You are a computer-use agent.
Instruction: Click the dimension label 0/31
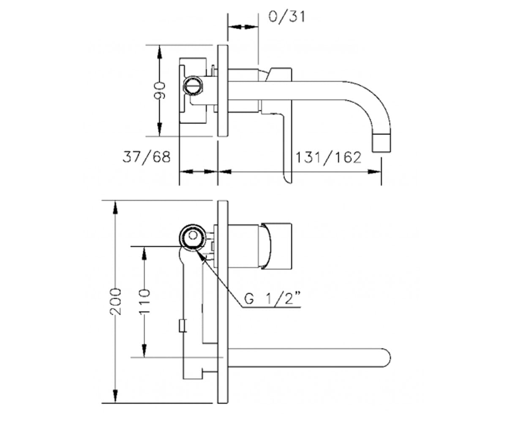pyautogui.click(x=286, y=17)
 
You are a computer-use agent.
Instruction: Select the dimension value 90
pyautogui.click(x=160, y=91)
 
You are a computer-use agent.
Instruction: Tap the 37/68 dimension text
pyautogui.click(x=147, y=157)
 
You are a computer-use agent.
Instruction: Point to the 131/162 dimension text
pyautogui.click(x=328, y=157)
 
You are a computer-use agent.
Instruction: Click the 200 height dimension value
pyautogui.click(x=115, y=302)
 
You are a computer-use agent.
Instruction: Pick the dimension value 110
pyautogui.click(x=144, y=302)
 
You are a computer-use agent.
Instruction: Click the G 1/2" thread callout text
pyautogui.click(x=272, y=299)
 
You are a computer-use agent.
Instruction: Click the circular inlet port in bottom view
pyautogui.click(x=193, y=237)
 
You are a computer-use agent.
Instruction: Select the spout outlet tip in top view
pyautogui.click(x=382, y=143)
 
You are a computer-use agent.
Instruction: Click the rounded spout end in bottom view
pyautogui.click(x=386, y=358)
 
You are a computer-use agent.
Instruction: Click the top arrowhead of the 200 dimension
pyautogui.click(x=115, y=208)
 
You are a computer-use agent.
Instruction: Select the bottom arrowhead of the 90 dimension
pyautogui.click(x=160, y=129)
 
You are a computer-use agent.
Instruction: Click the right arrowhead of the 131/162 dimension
pyautogui.click(x=374, y=172)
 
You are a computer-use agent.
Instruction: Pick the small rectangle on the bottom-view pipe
pyautogui.click(x=183, y=325)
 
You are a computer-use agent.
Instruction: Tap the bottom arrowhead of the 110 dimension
pyautogui.click(x=144, y=351)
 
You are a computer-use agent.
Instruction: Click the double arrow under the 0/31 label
pyautogui.click(x=243, y=27)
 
